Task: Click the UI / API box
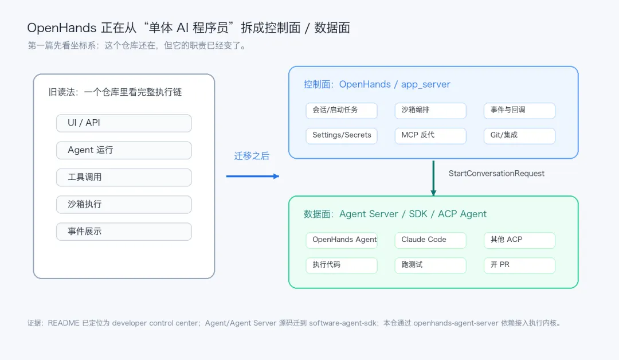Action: point(124,123)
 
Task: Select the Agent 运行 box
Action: point(124,150)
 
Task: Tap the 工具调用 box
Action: point(124,177)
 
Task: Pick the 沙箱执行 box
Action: point(124,205)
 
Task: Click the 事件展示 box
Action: point(124,232)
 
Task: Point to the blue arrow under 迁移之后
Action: point(253,177)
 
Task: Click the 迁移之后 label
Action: point(252,156)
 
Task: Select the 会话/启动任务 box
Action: point(342,111)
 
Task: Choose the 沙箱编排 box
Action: point(430,111)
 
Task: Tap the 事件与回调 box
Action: point(519,111)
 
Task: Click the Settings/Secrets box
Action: point(342,136)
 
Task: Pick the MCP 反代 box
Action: point(430,136)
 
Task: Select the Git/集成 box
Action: point(519,136)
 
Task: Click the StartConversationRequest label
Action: point(496,173)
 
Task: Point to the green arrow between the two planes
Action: point(433,178)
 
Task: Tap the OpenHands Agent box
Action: point(342,240)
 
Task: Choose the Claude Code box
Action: point(430,240)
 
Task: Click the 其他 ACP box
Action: point(519,240)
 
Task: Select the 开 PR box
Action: point(519,265)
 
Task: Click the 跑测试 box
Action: point(430,265)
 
